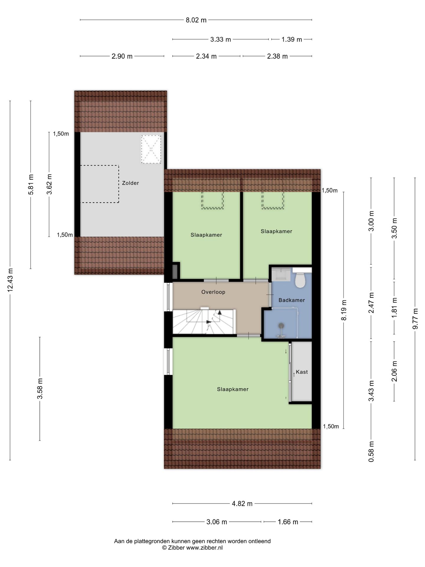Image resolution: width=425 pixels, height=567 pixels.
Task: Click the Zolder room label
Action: [130, 183]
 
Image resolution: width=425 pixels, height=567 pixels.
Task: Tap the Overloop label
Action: [213, 292]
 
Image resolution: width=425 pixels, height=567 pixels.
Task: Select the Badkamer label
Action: [292, 300]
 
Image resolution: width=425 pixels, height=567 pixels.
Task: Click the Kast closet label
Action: [302, 372]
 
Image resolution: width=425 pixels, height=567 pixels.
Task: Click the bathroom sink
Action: [281, 274]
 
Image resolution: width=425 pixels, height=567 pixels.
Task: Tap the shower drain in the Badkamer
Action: [281, 326]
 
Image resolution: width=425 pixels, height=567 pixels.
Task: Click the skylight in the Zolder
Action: [151, 149]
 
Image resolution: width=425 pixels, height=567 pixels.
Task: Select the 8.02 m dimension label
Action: [196, 20]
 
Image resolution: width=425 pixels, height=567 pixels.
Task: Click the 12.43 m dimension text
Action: [10, 280]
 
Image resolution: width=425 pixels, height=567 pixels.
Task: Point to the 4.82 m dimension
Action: [242, 504]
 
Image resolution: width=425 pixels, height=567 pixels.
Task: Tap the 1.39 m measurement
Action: [291, 39]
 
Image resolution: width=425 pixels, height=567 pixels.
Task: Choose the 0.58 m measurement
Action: [371, 452]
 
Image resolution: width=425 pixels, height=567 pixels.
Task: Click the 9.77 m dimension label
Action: [415, 319]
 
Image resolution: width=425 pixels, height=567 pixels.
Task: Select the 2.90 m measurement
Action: [122, 56]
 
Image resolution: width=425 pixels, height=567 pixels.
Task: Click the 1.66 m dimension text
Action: [288, 522]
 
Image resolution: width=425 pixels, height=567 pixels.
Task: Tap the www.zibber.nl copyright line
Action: [192, 548]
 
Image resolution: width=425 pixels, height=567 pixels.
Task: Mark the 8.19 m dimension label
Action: [344, 310]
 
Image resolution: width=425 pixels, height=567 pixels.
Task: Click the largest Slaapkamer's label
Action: [233, 389]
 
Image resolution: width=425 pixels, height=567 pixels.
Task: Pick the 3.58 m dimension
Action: [40, 388]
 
